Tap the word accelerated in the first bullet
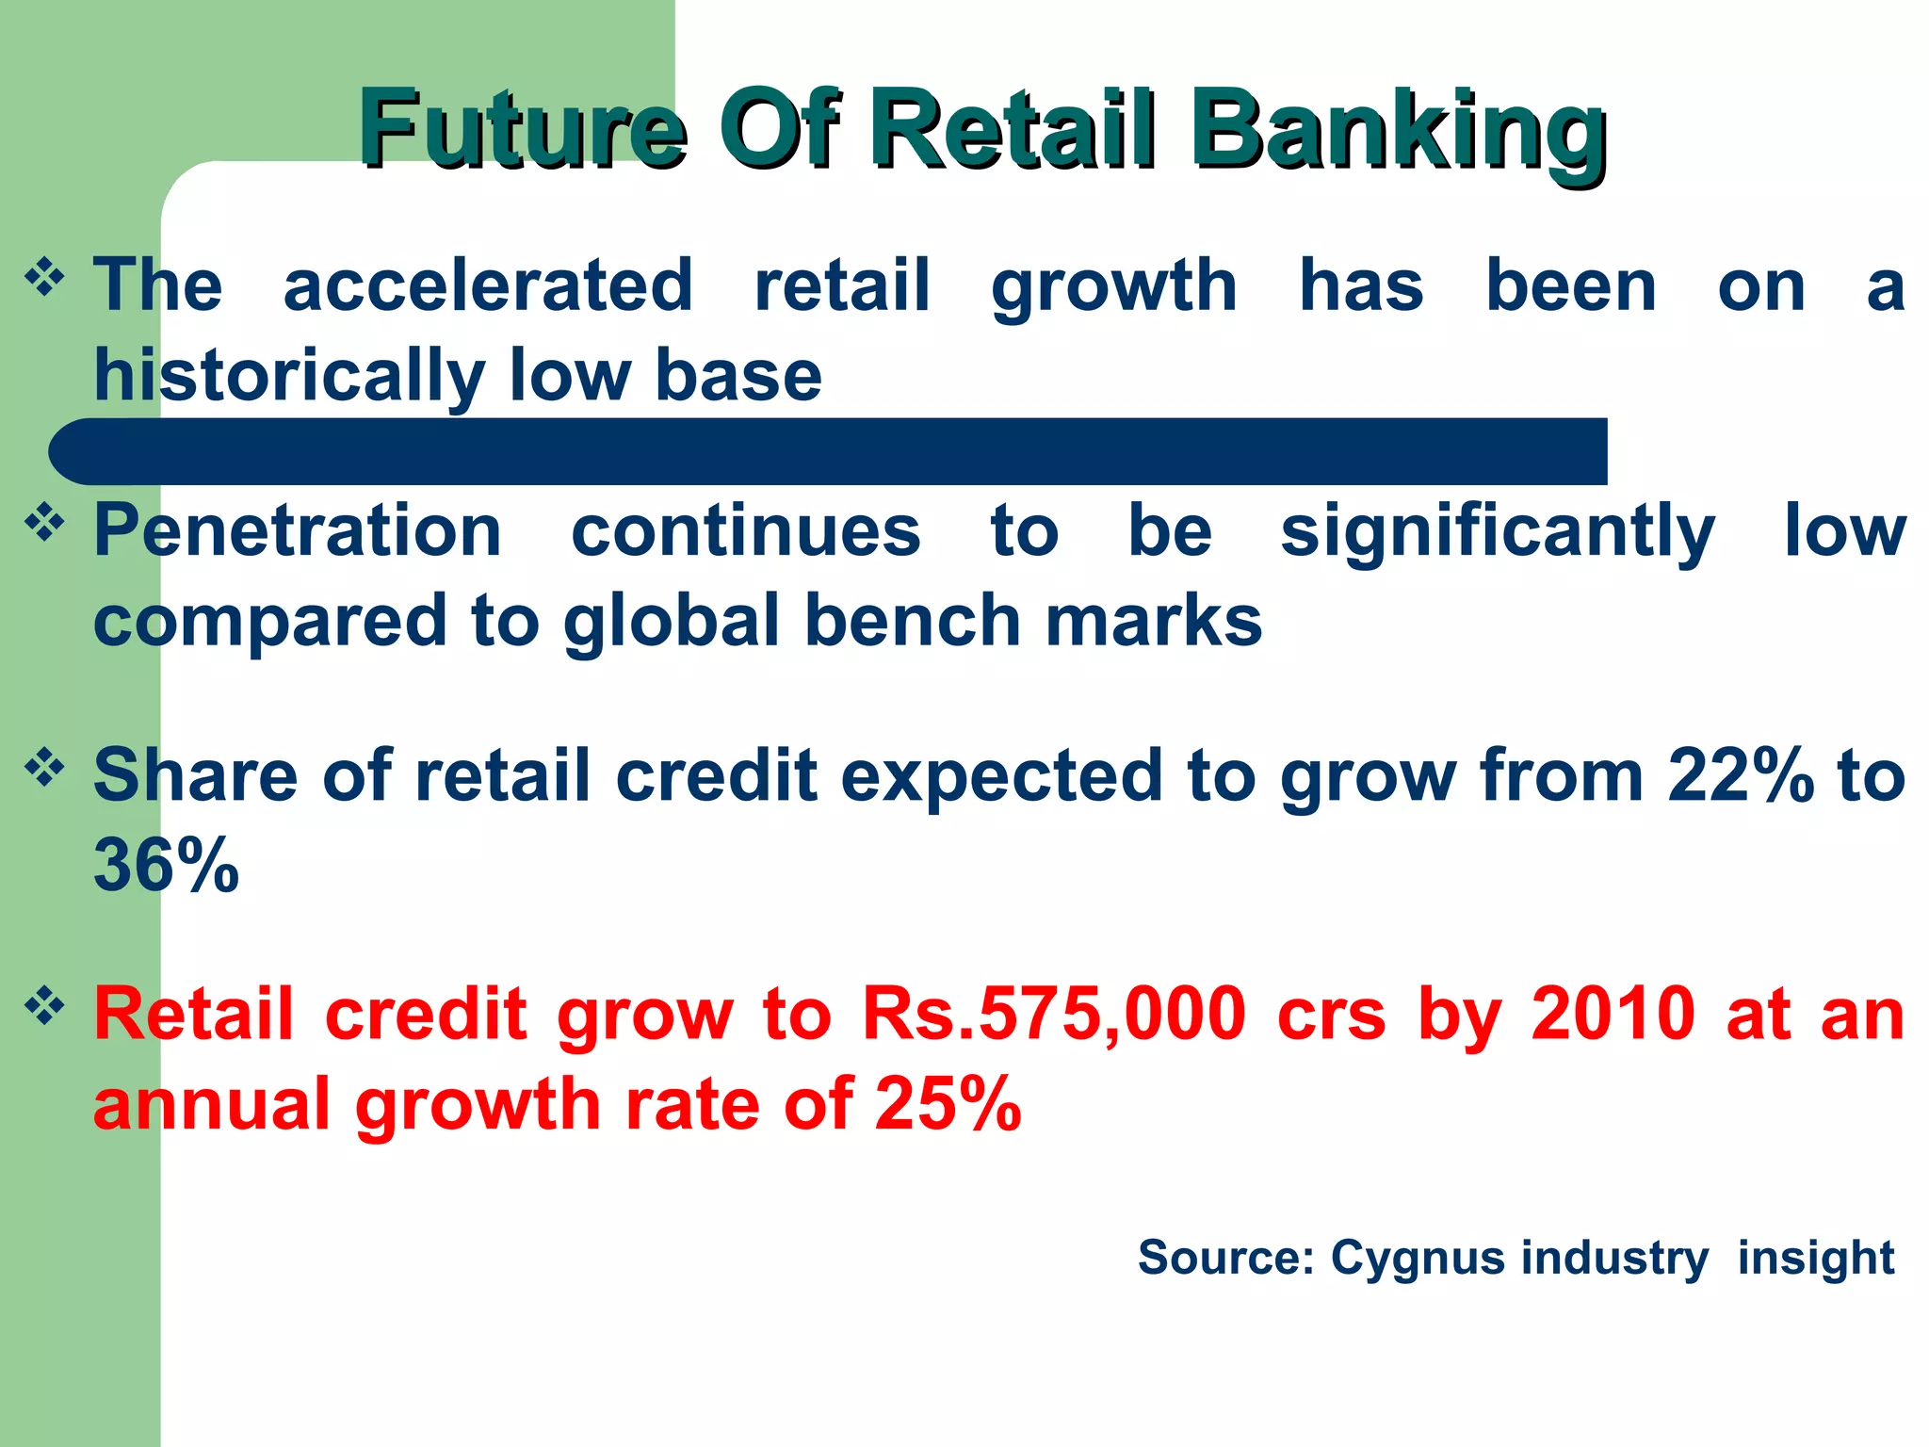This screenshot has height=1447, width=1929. (488, 285)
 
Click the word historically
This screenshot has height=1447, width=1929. (287, 375)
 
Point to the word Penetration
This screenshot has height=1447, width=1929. (298, 530)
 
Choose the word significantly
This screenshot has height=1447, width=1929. (1498, 532)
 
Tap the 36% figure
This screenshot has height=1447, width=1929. (166, 865)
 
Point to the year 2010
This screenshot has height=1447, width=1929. (1613, 1014)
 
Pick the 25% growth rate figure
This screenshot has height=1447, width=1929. (948, 1103)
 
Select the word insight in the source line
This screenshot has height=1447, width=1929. (1815, 1258)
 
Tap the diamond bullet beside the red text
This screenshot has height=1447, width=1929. (44, 1005)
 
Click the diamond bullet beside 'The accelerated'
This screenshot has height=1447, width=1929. (44, 277)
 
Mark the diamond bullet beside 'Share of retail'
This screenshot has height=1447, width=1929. (44, 767)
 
